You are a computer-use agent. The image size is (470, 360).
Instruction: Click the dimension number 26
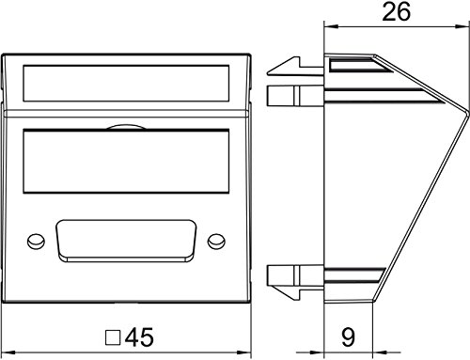(x=396, y=11)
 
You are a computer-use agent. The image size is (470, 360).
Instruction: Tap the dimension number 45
(x=139, y=337)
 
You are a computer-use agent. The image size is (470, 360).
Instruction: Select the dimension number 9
(x=348, y=337)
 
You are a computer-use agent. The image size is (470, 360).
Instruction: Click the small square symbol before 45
(x=113, y=337)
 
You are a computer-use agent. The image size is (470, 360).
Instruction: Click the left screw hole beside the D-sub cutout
(x=36, y=241)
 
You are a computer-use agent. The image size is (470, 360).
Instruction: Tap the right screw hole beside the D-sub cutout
(x=216, y=241)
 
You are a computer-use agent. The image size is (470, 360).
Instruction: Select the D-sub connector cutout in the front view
(x=126, y=241)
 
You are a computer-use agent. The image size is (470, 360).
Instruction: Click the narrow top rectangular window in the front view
(x=126, y=84)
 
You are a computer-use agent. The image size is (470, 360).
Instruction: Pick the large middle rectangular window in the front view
(x=126, y=161)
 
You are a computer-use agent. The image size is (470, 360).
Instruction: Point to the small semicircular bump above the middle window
(x=126, y=127)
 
